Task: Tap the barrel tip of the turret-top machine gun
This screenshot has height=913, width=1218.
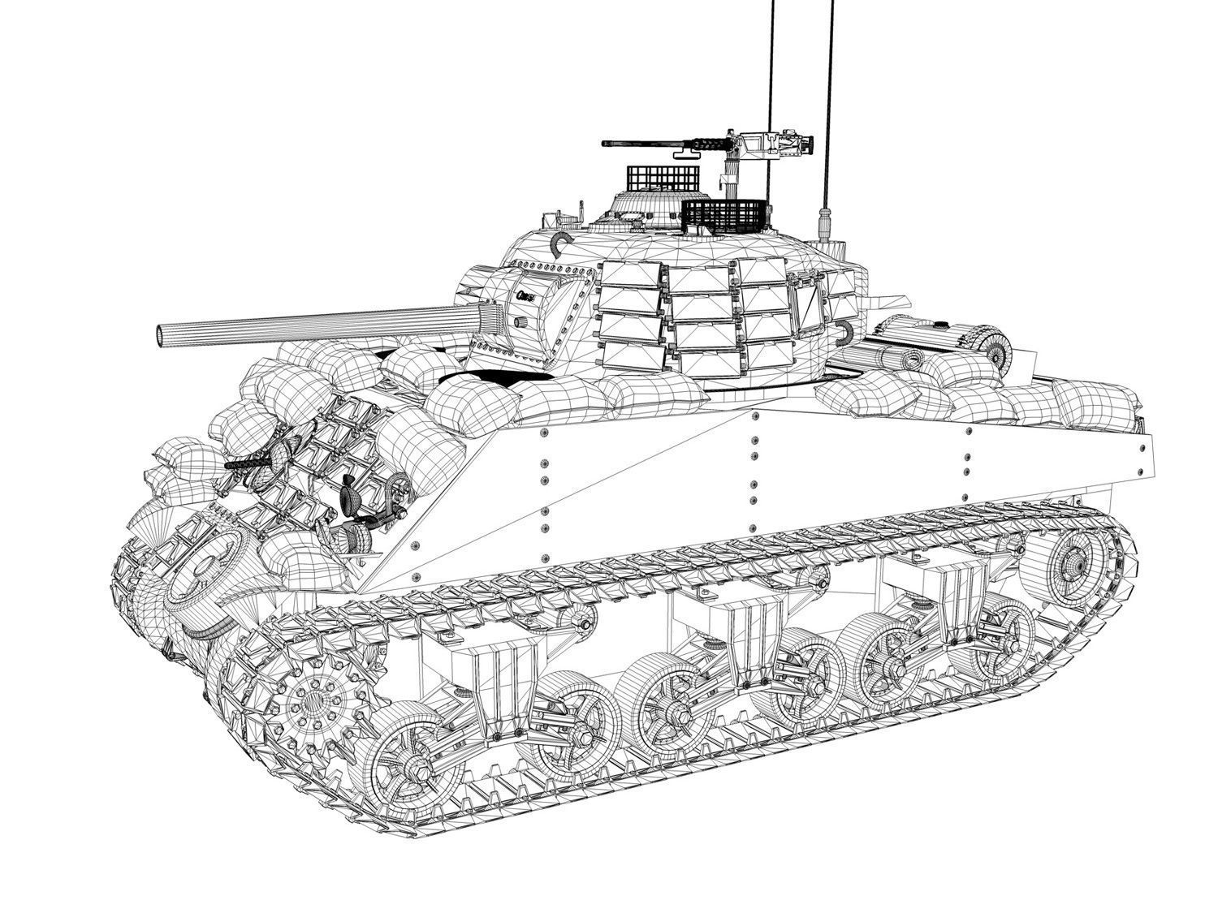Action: click(606, 144)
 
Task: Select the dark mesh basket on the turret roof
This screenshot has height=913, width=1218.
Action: click(725, 215)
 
